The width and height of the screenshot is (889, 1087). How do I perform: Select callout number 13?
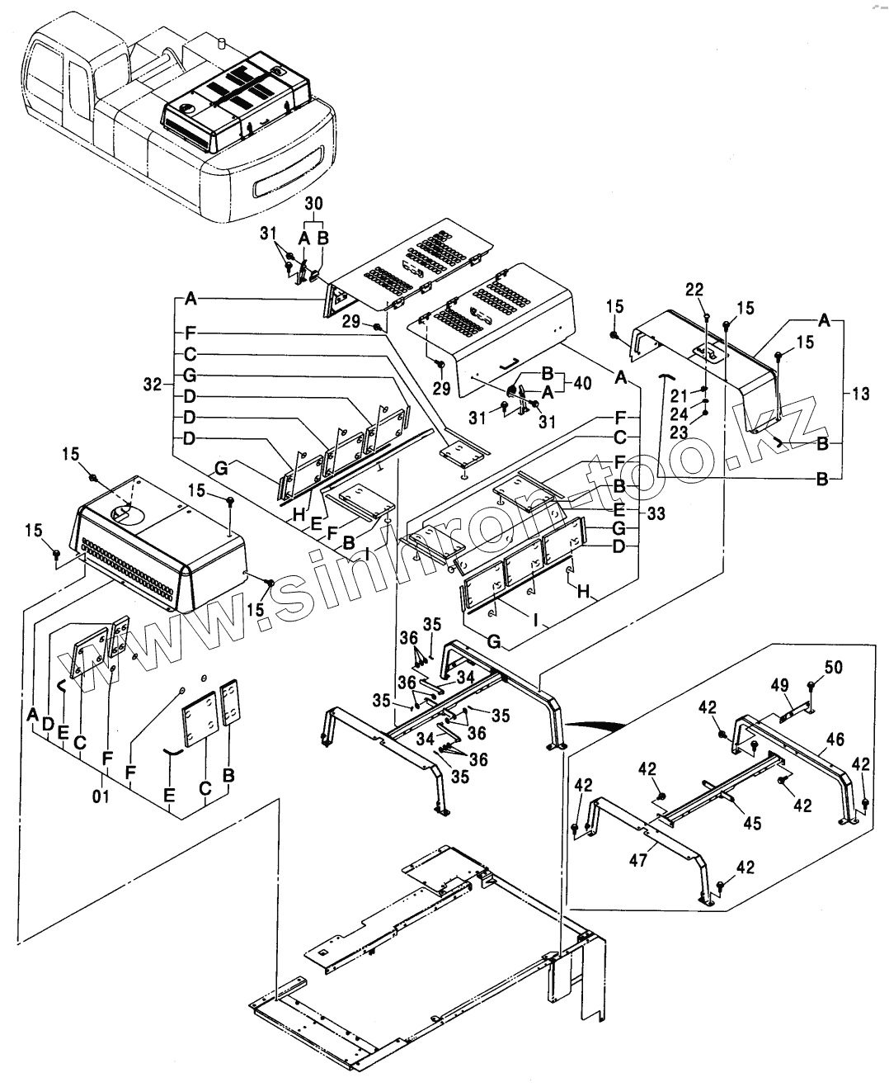[859, 395]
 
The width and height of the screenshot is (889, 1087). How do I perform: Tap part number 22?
[694, 289]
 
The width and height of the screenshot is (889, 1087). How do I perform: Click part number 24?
[678, 413]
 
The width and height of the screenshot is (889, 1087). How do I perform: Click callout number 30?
[314, 203]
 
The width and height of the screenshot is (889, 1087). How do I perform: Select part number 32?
[151, 385]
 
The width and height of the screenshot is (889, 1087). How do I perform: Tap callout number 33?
[656, 514]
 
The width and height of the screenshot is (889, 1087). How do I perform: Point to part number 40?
[582, 383]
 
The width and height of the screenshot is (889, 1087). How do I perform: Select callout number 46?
[835, 740]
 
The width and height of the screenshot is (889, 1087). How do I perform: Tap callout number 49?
[779, 684]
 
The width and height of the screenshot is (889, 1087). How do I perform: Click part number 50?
[833, 666]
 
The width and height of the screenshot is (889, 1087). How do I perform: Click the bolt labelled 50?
[811, 686]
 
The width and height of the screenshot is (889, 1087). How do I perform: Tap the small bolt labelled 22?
[708, 316]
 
